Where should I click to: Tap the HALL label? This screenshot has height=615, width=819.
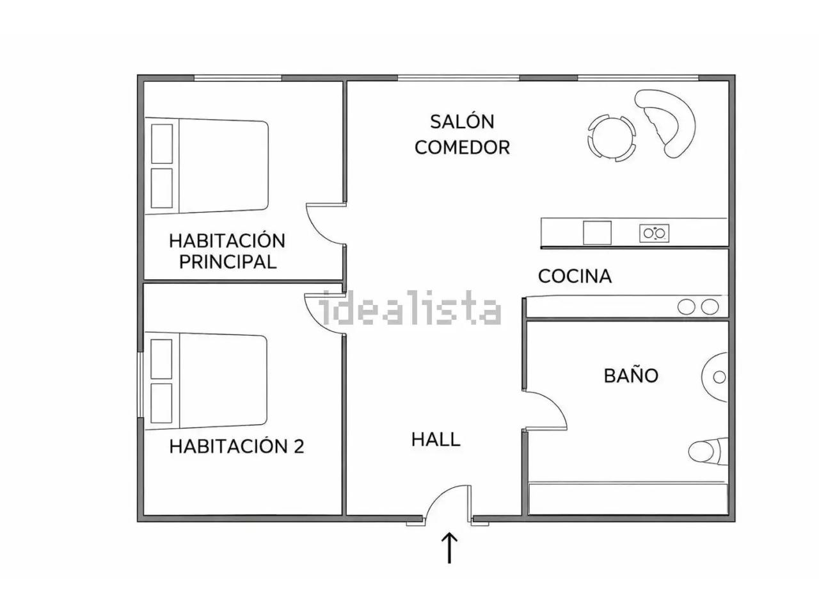click(436, 439)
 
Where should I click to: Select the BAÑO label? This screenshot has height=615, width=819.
click(631, 375)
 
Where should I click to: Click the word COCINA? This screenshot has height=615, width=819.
click(575, 276)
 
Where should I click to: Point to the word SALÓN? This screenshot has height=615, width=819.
click(463, 122)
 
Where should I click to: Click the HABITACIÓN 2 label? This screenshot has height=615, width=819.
click(237, 447)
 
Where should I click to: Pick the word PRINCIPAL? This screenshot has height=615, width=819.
click(228, 262)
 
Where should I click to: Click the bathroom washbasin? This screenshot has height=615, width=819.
click(715, 377)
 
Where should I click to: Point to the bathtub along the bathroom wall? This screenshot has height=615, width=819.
click(628, 499)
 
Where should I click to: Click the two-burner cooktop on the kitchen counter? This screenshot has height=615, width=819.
click(654, 233)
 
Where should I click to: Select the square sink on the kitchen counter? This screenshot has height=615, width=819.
click(597, 233)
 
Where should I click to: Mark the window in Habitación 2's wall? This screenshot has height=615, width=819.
click(140, 384)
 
